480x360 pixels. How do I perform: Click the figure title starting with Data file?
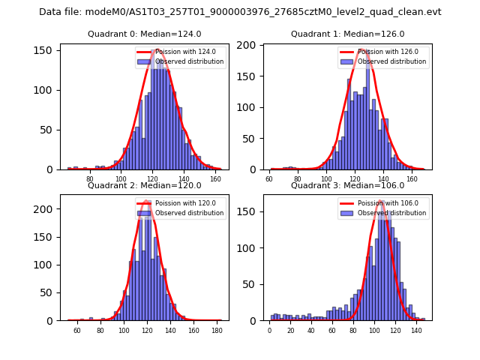(240, 12)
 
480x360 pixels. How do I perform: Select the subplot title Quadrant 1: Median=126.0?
(347, 34)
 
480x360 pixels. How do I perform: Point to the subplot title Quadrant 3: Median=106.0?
(347, 185)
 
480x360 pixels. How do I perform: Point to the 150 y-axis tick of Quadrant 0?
(47, 50)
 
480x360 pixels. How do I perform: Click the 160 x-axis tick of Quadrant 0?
(216, 179)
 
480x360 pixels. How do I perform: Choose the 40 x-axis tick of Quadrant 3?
(310, 331)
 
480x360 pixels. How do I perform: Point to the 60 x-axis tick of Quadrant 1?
(269, 179)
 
